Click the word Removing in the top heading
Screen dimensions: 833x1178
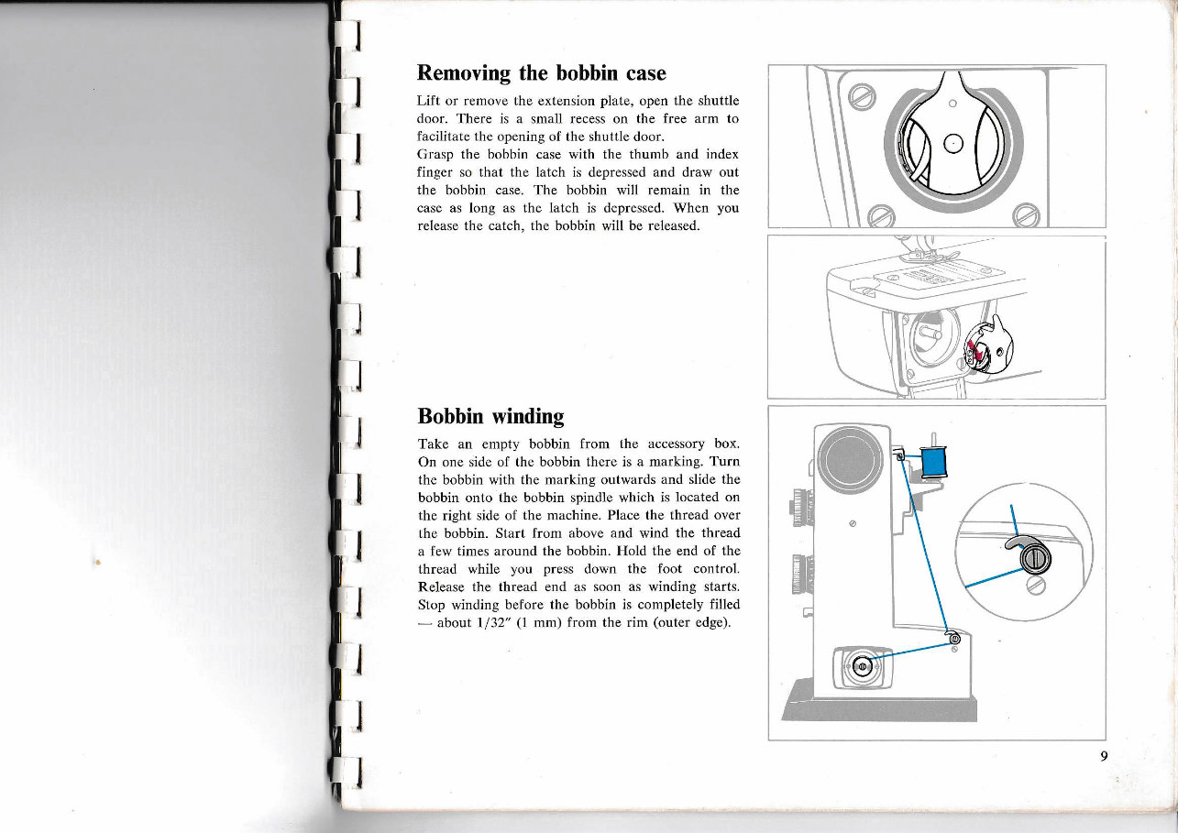[464, 72]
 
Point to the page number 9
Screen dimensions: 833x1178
[1105, 756]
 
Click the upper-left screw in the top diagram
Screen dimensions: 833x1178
[863, 95]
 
